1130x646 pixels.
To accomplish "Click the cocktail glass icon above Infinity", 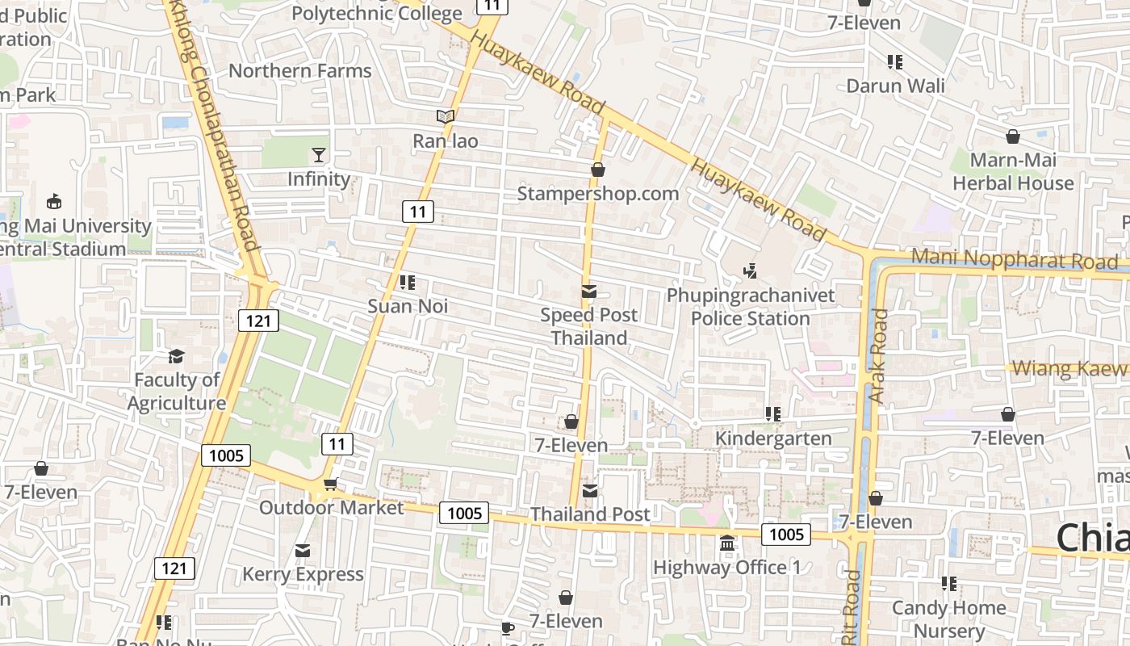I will click(319, 154).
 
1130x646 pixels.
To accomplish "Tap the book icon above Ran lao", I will click(446, 117).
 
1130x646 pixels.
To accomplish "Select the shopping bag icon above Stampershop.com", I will click(598, 170).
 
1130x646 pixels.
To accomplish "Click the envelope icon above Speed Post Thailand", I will click(589, 291).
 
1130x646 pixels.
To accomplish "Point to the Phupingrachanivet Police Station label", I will click(750, 307).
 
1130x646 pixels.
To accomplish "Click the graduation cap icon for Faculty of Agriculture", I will click(176, 356).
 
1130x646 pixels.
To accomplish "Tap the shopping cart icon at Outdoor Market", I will click(329, 484).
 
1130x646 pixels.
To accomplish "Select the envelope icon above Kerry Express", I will click(303, 551).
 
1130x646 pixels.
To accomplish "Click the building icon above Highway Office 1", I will click(726, 543).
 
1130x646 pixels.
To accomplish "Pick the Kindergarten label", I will click(773, 438).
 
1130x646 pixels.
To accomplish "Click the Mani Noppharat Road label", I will click(1015, 260).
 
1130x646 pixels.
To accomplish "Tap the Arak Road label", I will click(878, 355).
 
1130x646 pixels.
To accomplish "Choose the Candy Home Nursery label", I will click(948, 619).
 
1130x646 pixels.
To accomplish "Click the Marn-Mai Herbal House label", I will click(1013, 172).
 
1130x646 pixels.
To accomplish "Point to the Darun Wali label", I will click(895, 86).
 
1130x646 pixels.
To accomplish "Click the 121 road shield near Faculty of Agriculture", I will click(258, 321).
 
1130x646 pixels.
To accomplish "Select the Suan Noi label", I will click(408, 307).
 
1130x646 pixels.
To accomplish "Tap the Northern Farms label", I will click(300, 70).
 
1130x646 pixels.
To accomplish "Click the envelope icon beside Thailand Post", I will click(590, 490).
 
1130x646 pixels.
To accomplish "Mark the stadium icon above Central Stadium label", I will click(54, 201).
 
